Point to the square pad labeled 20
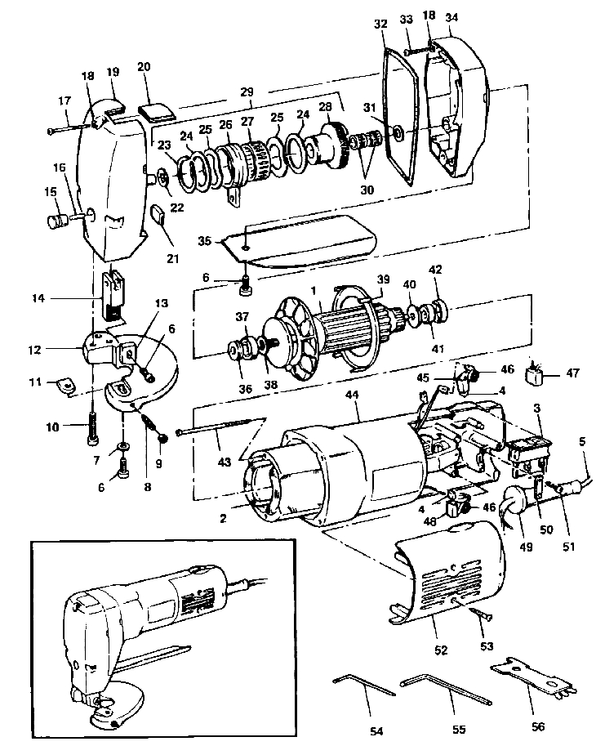pos(153,109)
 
